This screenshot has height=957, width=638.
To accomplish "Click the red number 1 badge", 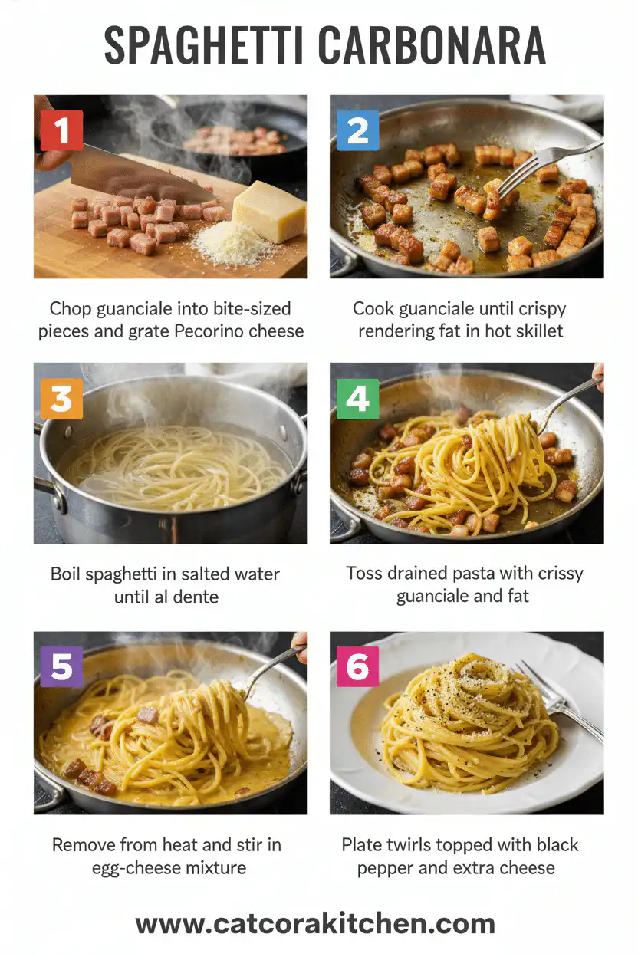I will (x=61, y=130).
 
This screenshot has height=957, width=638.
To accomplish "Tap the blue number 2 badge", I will (x=357, y=130).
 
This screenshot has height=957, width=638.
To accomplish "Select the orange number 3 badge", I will (x=61, y=399).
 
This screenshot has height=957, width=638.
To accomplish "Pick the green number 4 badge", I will (x=357, y=399).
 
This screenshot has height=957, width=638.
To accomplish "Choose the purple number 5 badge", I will (x=61, y=666).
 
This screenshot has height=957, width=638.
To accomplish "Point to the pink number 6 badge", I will (x=357, y=666).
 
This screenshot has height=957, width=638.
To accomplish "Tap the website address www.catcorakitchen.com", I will (x=315, y=924).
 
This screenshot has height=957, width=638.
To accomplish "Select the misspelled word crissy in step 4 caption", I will (x=556, y=573).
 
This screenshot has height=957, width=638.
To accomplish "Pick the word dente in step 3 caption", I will (x=195, y=597).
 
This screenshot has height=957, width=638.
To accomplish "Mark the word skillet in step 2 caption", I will (x=539, y=331).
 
